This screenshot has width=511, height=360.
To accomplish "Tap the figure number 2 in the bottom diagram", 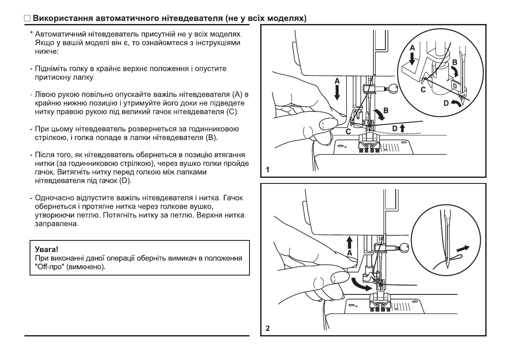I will pos(268,329).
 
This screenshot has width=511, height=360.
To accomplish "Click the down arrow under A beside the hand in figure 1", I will pos(337,92).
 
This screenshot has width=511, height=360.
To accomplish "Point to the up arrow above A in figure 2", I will pos(350,242).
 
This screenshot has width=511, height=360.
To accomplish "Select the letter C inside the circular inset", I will pos(423,89).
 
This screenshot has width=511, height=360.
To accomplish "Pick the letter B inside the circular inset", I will pos(455,62).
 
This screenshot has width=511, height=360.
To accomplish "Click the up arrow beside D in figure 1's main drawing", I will pos(402,127).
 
